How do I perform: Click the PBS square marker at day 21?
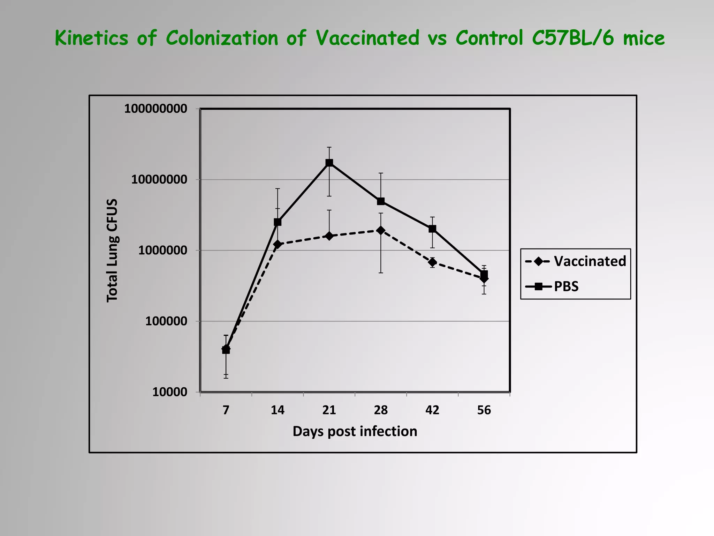click(x=329, y=163)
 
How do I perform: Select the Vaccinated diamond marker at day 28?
click(x=381, y=230)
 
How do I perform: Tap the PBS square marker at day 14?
click(x=278, y=222)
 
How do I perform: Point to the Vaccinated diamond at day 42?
click(x=432, y=262)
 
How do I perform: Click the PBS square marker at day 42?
click(x=432, y=229)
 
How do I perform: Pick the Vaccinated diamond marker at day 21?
click(x=329, y=236)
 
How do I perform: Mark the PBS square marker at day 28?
click(x=381, y=201)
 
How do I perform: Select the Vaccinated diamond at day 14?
click(x=278, y=244)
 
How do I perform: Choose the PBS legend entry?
click(x=566, y=286)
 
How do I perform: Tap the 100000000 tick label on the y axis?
click(x=156, y=109)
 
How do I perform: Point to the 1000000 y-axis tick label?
click(x=163, y=251)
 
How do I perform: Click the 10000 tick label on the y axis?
click(x=170, y=392)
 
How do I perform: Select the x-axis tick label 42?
click(x=432, y=410)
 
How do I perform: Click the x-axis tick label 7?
click(x=226, y=410)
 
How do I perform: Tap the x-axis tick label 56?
click(x=484, y=410)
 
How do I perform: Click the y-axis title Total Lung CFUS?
click(x=112, y=251)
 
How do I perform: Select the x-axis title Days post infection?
click(x=355, y=432)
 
